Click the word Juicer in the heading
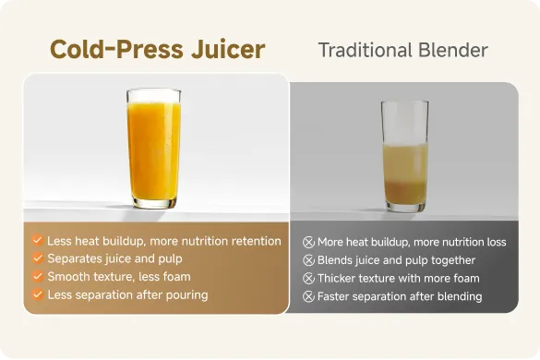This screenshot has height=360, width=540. click(x=228, y=50)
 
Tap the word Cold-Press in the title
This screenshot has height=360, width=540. click(x=116, y=50)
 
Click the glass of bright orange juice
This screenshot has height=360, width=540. click(x=153, y=148)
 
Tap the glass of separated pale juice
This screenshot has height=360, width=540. click(x=404, y=156)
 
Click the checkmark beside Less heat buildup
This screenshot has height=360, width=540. click(x=38, y=240)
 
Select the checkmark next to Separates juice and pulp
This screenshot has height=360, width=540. click(x=38, y=258)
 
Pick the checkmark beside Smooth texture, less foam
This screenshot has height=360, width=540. click(x=38, y=276)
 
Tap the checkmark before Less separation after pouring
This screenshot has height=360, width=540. click(x=38, y=294)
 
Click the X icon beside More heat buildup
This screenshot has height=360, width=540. click(x=308, y=242)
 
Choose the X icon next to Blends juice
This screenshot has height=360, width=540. click(x=308, y=260)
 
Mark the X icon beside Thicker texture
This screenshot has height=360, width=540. click(x=308, y=279)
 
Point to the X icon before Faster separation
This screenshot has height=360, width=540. click(x=308, y=296)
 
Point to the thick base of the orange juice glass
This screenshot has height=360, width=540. click(x=154, y=203)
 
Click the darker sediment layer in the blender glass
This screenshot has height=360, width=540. click(x=405, y=192)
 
